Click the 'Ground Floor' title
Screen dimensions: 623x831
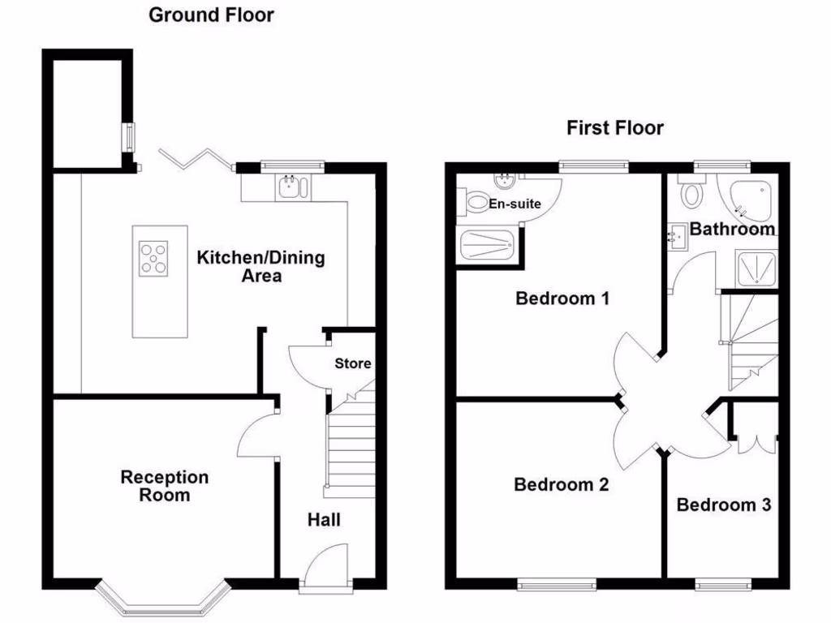pyautogui.click(x=211, y=15)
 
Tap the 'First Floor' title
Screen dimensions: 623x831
pyautogui.click(x=614, y=127)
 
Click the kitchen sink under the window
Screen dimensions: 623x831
pyautogui.click(x=290, y=187)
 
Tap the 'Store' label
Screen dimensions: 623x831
pyautogui.click(x=353, y=363)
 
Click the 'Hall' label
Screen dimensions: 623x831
pyautogui.click(x=324, y=520)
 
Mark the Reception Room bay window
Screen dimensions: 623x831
pyautogui.click(x=161, y=599)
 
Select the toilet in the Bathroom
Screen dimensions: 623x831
pyautogui.click(x=692, y=194)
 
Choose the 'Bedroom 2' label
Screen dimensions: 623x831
pyautogui.click(x=562, y=485)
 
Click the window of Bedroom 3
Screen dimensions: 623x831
pyautogui.click(x=723, y=583)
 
